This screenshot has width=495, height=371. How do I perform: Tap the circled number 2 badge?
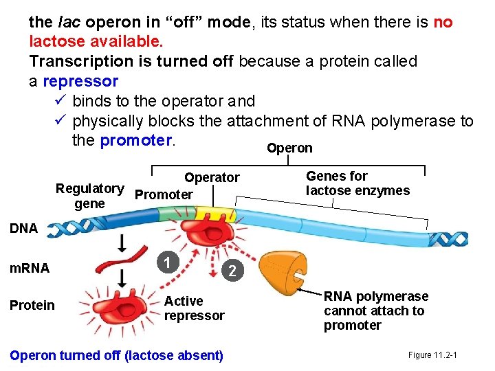(233, 271)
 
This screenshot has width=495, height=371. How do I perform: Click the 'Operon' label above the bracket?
(289, 148)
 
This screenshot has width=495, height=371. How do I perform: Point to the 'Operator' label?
(212, 177)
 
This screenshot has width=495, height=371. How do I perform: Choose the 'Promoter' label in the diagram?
(164, 194)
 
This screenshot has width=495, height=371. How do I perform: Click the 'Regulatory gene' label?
(90, 196)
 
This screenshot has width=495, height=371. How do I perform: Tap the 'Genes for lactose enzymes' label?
(357, 183)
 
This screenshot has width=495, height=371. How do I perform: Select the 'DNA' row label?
(24, 229)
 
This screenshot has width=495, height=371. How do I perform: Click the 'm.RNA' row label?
(30, 269)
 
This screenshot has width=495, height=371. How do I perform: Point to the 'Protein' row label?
(32, 305)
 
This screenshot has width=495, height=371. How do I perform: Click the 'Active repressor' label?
(194, 308)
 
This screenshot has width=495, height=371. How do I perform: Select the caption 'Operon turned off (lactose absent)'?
(116, 355)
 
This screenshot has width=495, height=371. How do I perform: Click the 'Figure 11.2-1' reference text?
(433, 355)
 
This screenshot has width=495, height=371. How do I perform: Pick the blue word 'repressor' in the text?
(80, 81)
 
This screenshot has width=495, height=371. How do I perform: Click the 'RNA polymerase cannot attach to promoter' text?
(375, 311)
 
